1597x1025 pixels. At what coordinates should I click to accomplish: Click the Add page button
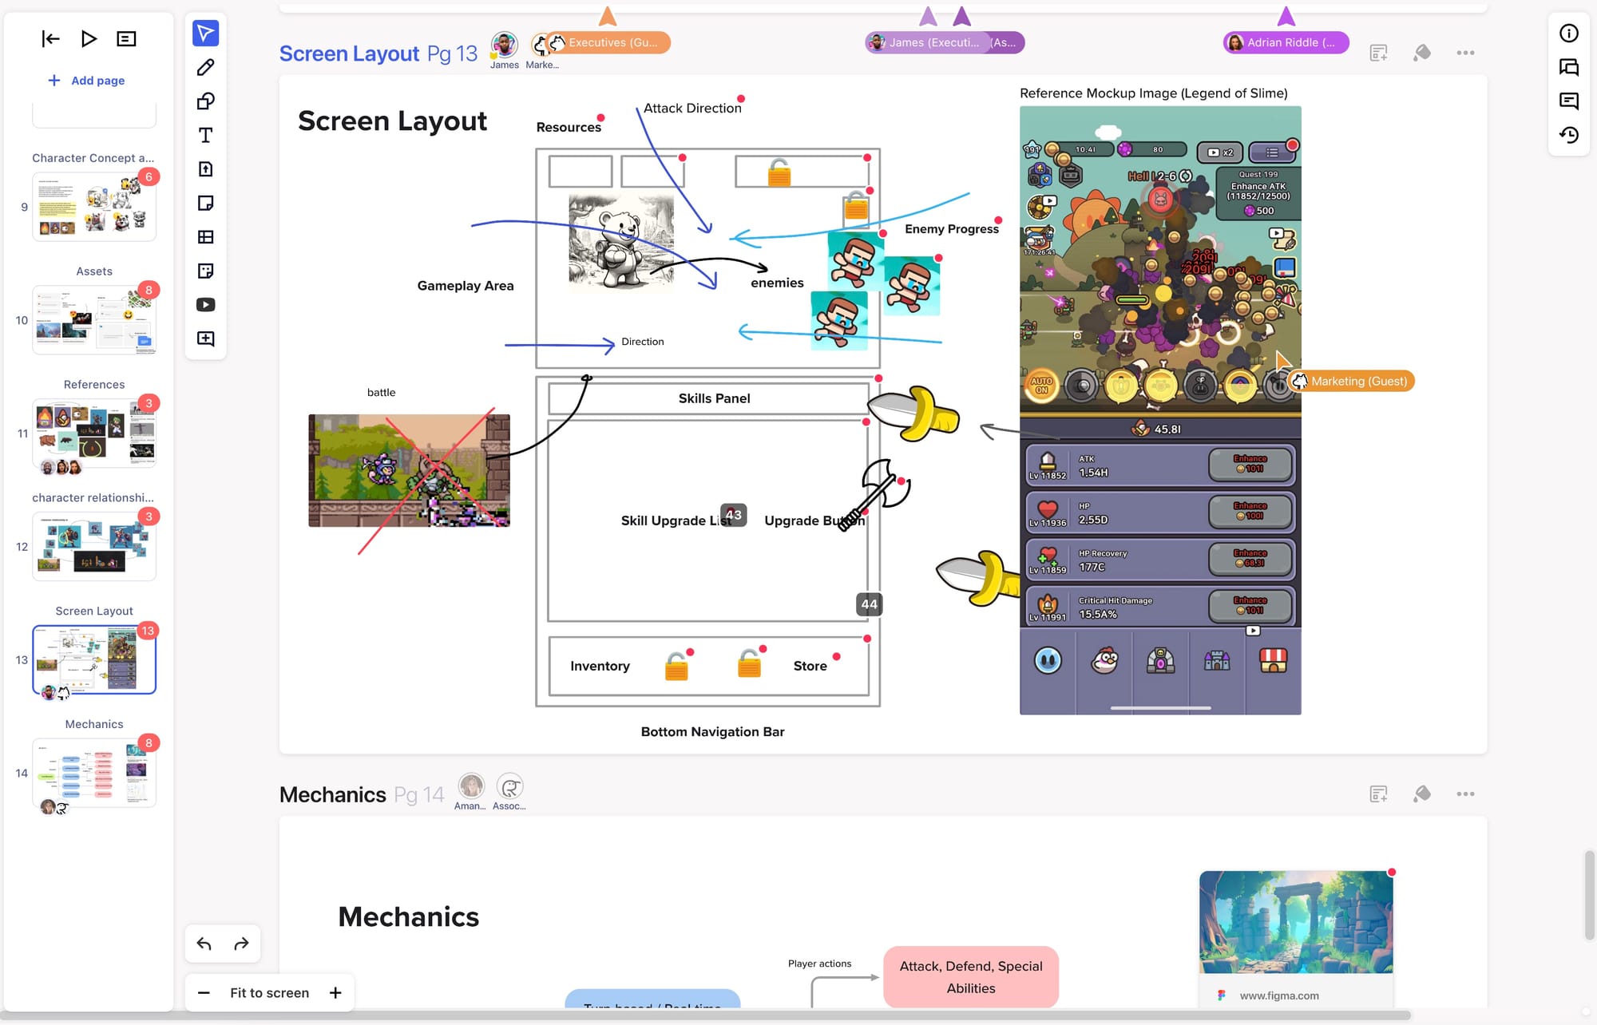(x=86, y=81)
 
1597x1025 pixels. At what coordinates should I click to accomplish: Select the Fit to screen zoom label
(x=269, y=992)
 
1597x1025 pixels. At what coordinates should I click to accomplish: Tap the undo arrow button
(x=204, y=944)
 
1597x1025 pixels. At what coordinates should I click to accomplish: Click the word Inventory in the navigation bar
(x=600, y=666)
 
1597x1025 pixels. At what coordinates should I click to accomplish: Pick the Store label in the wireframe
(x=810, y=666)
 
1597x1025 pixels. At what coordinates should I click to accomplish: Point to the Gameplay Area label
(x=466, y=286)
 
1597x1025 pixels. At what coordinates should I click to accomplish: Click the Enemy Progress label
(x=951, y=229)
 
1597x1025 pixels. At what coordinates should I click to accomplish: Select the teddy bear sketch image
(x=620, y=240)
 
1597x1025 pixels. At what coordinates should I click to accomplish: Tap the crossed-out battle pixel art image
(x=409, y=470)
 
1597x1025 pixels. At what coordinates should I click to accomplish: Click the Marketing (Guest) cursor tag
(x=1358, y=382)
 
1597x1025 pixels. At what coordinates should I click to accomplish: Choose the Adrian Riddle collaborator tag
(x=1286, y=42)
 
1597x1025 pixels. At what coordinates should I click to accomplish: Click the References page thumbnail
(x=94, y=433)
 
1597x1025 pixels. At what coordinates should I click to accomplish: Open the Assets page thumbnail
(x=94, y=320)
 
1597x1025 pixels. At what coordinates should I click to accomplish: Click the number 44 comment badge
(x=869, y=604)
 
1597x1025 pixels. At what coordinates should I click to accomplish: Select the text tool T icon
(x=205, y=135)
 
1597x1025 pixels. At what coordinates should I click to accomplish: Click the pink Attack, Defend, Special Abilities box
(x=970, y=976)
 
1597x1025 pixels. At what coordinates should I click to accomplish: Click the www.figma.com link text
(x=1278, y=995)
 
